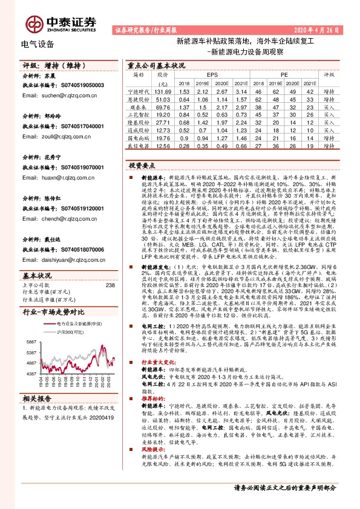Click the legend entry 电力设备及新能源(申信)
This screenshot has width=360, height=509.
pyautogui.click(x=72, y=323)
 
